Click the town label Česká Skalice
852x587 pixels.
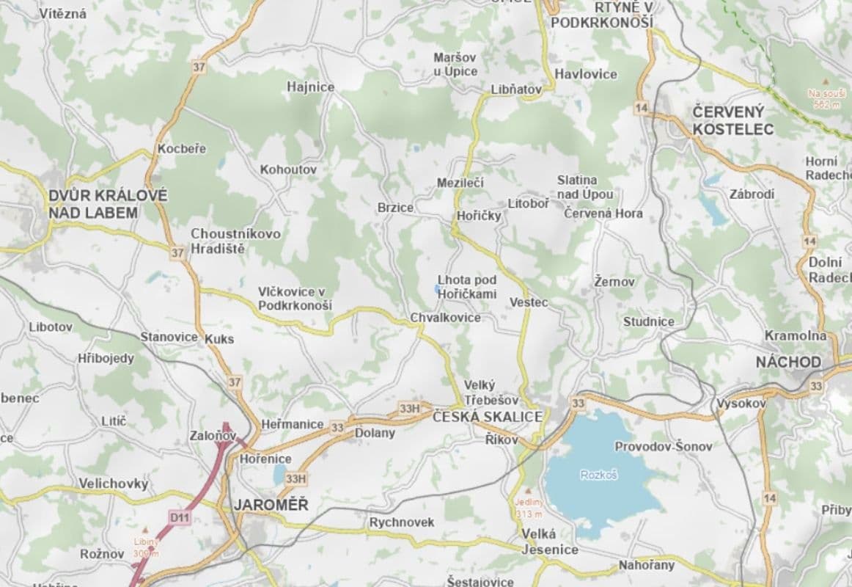coord(488,417)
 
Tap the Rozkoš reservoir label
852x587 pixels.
coord(600,475)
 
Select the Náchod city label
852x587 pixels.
coord(788,362)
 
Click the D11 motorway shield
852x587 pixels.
coord(179,517)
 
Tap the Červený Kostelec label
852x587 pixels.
coord(732,120)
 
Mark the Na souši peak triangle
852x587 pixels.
coord(826,81)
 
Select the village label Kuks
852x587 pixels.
coord(219,338)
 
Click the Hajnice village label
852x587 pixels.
coord(310,87)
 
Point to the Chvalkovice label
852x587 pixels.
coord(445,318)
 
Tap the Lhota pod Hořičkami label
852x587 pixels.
coord(467,287)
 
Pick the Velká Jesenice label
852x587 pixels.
coord(549,542)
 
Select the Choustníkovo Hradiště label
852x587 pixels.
coord(225,241)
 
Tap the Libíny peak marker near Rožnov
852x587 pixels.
coord(146,530)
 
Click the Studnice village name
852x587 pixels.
coord(648,321)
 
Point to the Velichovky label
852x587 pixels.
coord(113,484)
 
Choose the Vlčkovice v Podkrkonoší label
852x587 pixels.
coord(295,298)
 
